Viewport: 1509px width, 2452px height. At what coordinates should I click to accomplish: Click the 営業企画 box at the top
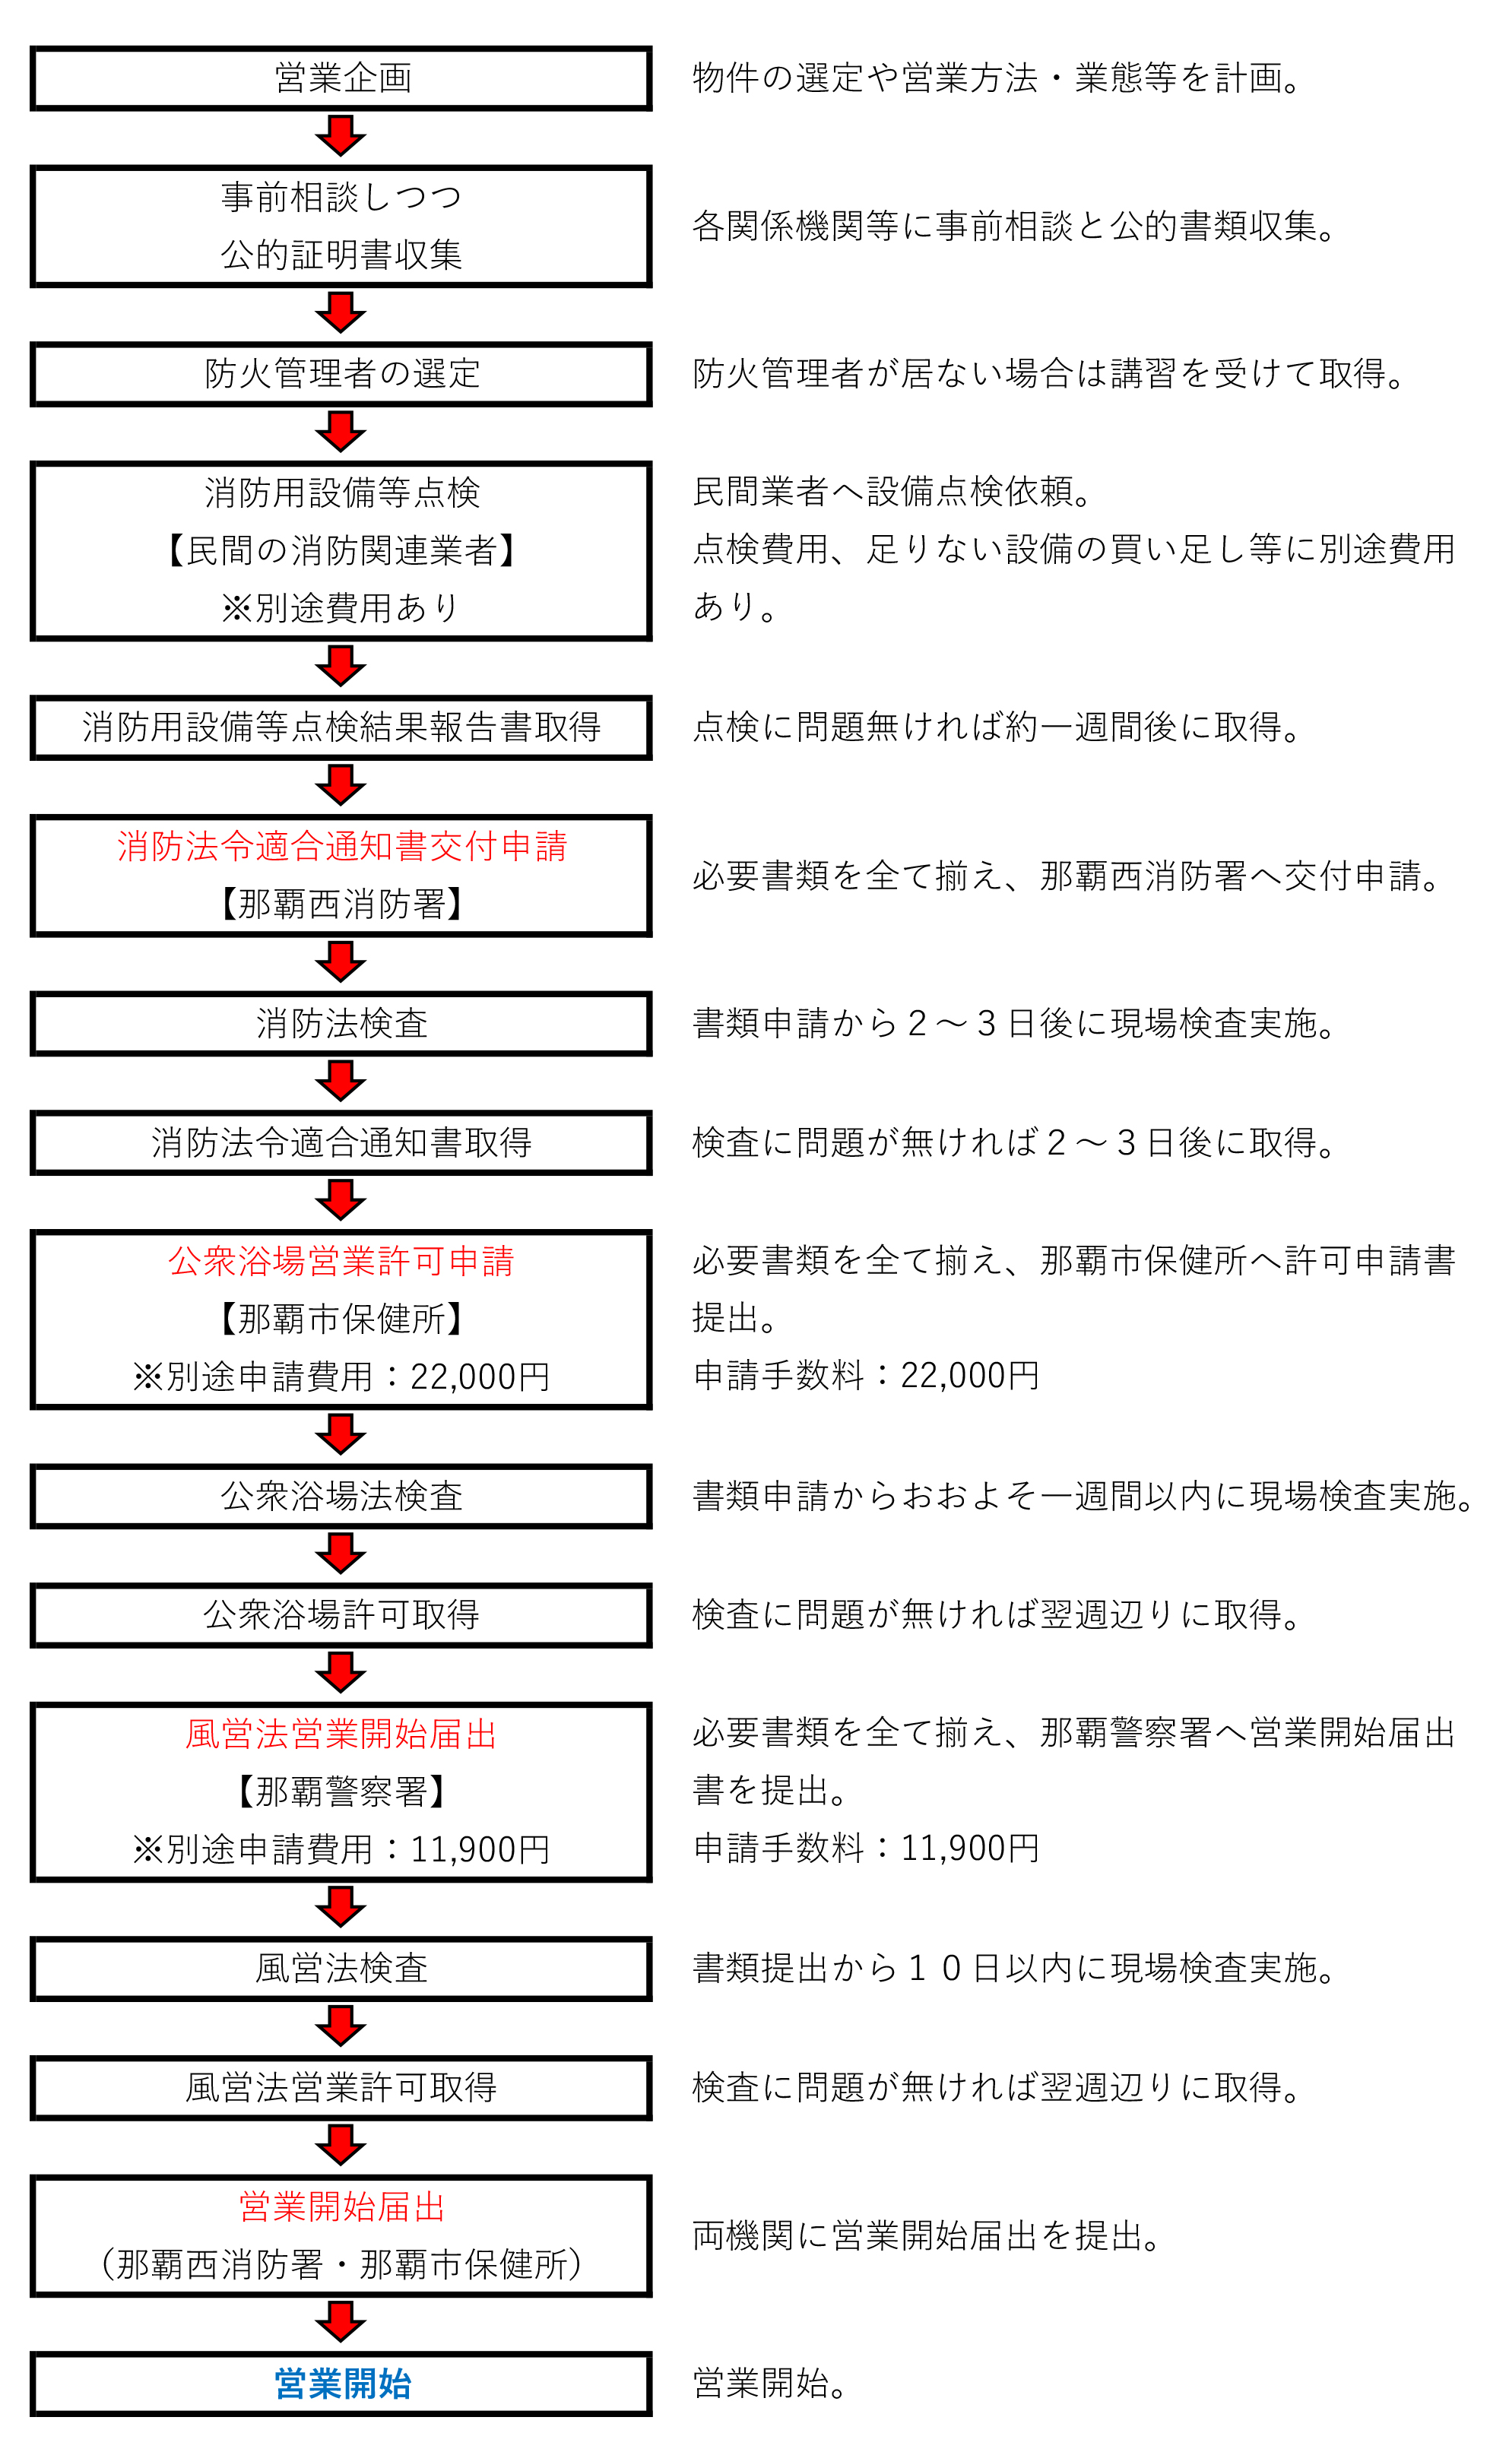pyautogui.click(x=341, y=78)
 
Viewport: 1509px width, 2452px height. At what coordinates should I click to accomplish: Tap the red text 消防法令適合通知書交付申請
pyautogui.click(x=342, y=847)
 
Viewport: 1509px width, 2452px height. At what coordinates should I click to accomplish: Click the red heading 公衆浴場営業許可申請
pyautogui.click(x=341, y=1261)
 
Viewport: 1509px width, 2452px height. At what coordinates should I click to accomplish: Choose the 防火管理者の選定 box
pyautogui.click(x=341, y=374)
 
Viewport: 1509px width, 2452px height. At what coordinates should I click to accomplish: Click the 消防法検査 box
pyautogui.click(x=341, y=1024)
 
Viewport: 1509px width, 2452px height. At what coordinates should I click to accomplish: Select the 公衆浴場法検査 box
pyautogui.click(x=341, y=1497)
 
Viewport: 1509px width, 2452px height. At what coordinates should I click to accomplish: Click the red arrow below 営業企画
pyautogui.click(x=341, y=135)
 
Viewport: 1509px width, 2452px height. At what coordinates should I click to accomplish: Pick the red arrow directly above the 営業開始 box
pyautogui.click(x=341, y=2321)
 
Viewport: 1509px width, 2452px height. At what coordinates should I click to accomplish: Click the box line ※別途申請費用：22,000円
pyautogui.click(x=341, y=1376)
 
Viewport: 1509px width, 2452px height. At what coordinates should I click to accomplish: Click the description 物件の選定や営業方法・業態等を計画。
pyautogui.click(x=998, y=78)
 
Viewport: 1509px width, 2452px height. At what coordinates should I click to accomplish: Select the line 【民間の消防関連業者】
pyautogui.click(x=341, y=550)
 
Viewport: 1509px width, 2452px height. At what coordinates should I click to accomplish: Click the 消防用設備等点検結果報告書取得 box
pyautogui.click(x=341, y=727)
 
